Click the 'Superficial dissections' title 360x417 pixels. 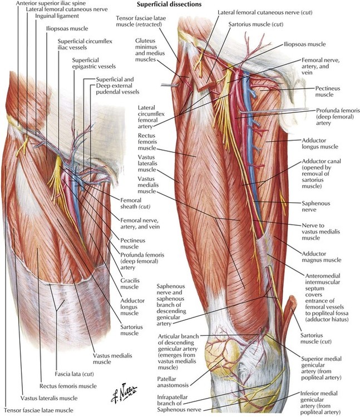[169, 4]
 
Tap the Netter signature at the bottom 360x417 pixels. [124, 392]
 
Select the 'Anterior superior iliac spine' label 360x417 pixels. [51, 3]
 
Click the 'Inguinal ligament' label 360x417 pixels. [57, 16]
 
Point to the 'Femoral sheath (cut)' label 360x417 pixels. [135, 203]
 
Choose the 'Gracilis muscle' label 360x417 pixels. [130, 284]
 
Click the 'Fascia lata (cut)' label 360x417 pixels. [74, 374]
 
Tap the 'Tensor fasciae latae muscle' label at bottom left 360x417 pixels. [38, 410]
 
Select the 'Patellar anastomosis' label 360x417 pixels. [172, 382]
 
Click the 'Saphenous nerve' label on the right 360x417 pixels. [315, 206]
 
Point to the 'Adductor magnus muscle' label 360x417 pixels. [321, 257]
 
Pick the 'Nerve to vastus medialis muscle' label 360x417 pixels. [320, 232]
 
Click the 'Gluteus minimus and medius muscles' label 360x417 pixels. [150, 50]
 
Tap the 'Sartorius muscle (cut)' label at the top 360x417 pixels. [256, 24]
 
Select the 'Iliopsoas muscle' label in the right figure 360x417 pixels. [305, 44]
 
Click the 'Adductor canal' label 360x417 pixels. [321, 173]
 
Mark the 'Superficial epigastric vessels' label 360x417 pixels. [93, 63]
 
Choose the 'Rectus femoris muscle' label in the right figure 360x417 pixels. [147, 142]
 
